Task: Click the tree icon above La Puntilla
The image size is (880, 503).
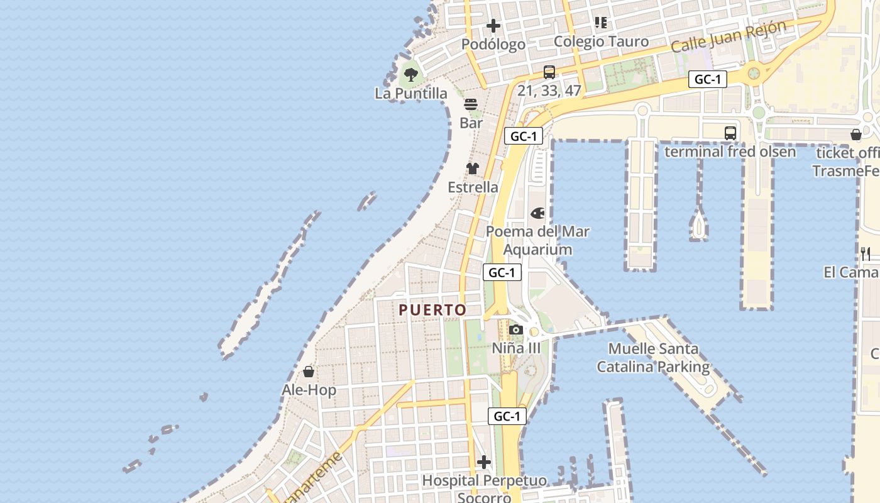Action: tap(410, 75)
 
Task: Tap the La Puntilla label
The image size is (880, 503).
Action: tap(411, 94)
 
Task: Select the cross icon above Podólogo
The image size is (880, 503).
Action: tap(493, 26)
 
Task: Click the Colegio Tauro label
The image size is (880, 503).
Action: tap(601, 41)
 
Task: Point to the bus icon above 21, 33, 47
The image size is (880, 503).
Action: tap(549, 72)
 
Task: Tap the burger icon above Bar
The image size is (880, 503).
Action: tap(471, 104)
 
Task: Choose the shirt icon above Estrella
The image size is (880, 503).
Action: tap(473, 169)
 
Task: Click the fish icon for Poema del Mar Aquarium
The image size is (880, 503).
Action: tap(538, 213)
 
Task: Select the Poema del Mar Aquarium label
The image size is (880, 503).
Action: tap(538, 240)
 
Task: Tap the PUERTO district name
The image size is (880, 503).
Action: tap(432, 310)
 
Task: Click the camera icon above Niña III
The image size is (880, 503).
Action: tap(516, 329)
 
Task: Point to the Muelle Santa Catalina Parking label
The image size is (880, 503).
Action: tap(653, 357)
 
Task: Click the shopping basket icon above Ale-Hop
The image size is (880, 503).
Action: tap(309, 372)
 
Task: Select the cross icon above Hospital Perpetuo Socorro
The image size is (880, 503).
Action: tap(483, 463)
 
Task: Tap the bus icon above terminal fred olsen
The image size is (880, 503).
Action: tap(730, 133)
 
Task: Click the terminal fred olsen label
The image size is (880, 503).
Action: tap(730, 152)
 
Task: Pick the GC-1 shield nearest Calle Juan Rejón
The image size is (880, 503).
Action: tap(708, 79)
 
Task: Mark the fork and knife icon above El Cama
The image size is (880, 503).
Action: tap(866, 253)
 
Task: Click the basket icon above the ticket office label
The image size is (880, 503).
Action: tap(855, 135)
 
